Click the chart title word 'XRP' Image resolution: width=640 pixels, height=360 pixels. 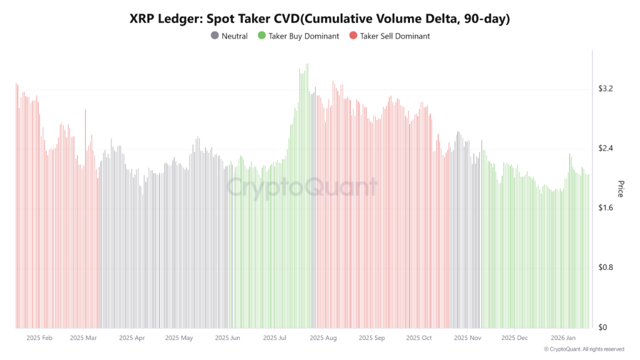coord(143,19)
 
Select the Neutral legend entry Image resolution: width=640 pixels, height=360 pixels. coord(229,36)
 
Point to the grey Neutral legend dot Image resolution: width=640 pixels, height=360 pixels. coord(215,36)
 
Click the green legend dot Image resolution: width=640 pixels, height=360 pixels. coord(262,36)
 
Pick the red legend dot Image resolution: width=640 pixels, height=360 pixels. coord(353,36)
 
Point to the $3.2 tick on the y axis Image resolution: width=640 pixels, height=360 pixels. coord(606,89)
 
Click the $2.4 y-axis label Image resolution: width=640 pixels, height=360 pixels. coord(606,149)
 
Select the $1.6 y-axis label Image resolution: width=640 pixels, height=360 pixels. coord(606,208)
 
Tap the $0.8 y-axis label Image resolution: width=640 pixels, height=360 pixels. coord(606,267)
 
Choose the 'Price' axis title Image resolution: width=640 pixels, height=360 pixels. coord(621,189)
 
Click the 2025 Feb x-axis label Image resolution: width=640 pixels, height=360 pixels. coord(39,338)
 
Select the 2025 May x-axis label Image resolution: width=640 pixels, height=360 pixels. coord(179,338)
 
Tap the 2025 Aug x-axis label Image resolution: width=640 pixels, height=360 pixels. coord(322,338)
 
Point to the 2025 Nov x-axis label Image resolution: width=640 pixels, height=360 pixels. coord(467,338)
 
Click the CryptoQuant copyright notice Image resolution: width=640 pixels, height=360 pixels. coord(584,349)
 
